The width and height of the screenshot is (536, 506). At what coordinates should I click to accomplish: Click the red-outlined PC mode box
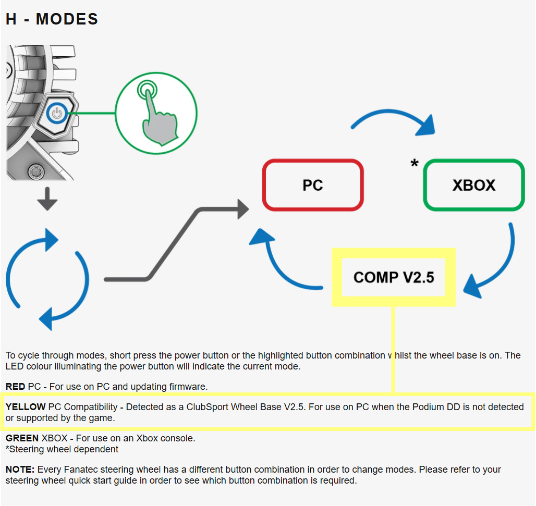pos(312,185)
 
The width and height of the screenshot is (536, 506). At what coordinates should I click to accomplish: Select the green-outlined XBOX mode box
pos(473,185)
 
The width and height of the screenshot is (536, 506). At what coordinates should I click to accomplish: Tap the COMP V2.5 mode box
pos(394,277)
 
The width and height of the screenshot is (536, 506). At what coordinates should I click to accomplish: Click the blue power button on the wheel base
pos(57,112)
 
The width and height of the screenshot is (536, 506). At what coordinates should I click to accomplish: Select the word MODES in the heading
pos(67,19)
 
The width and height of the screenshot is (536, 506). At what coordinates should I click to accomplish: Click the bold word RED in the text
pos(16,387)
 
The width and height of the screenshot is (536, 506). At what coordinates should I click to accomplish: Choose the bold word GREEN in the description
pos(22,438)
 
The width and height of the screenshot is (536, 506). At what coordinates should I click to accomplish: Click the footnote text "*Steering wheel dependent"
pos(62,449)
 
